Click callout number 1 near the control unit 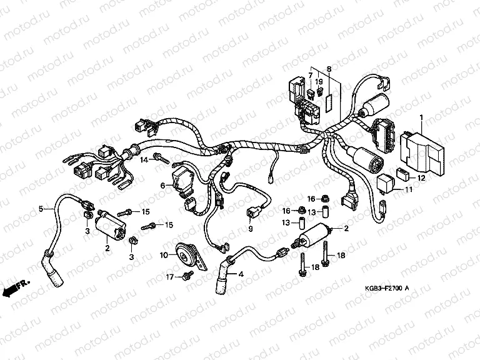pos(421,117)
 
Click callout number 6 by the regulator pos(162,186)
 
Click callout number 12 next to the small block pos(421,178)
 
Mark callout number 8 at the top pos(329,68)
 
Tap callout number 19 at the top pos(319,82)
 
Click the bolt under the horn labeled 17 pos(186,275)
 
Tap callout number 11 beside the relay pos(409,190)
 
